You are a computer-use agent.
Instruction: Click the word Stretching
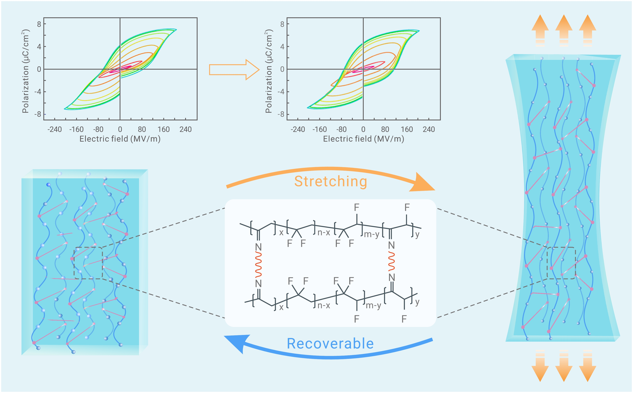pyautogui.click(x=330, y=181)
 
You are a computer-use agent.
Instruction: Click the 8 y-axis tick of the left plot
pyautogui.click(x=39, y=24)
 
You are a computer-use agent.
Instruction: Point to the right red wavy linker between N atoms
pyautogui.click(x=391, y=261)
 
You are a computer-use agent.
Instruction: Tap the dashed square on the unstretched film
pyautogui.click(x=88, y=263)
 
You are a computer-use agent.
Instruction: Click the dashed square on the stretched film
pyautogui.click(x=561, y=263)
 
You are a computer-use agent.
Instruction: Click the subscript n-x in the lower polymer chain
pyautogui.click(x=324, y=305)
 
